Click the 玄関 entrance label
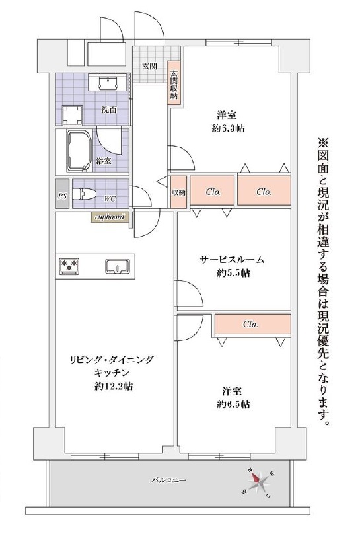(x=149, y=67)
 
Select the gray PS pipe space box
(x=62, y=194)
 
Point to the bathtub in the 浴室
(x=79, y=151)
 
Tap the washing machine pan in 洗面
(x=73, y=115)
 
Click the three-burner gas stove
(x=69, y=266)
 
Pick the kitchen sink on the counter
(x=118, y=266)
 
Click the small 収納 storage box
(x=178, y=192)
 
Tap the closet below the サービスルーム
(x=253, y=324)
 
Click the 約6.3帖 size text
(x=229, y=129)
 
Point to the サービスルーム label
(x=232, y=260)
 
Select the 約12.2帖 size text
(x=114, y=387)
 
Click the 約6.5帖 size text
(x=234, y=405)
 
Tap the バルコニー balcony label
(x=169, y=480)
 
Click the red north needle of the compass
(x=256, y=477)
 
